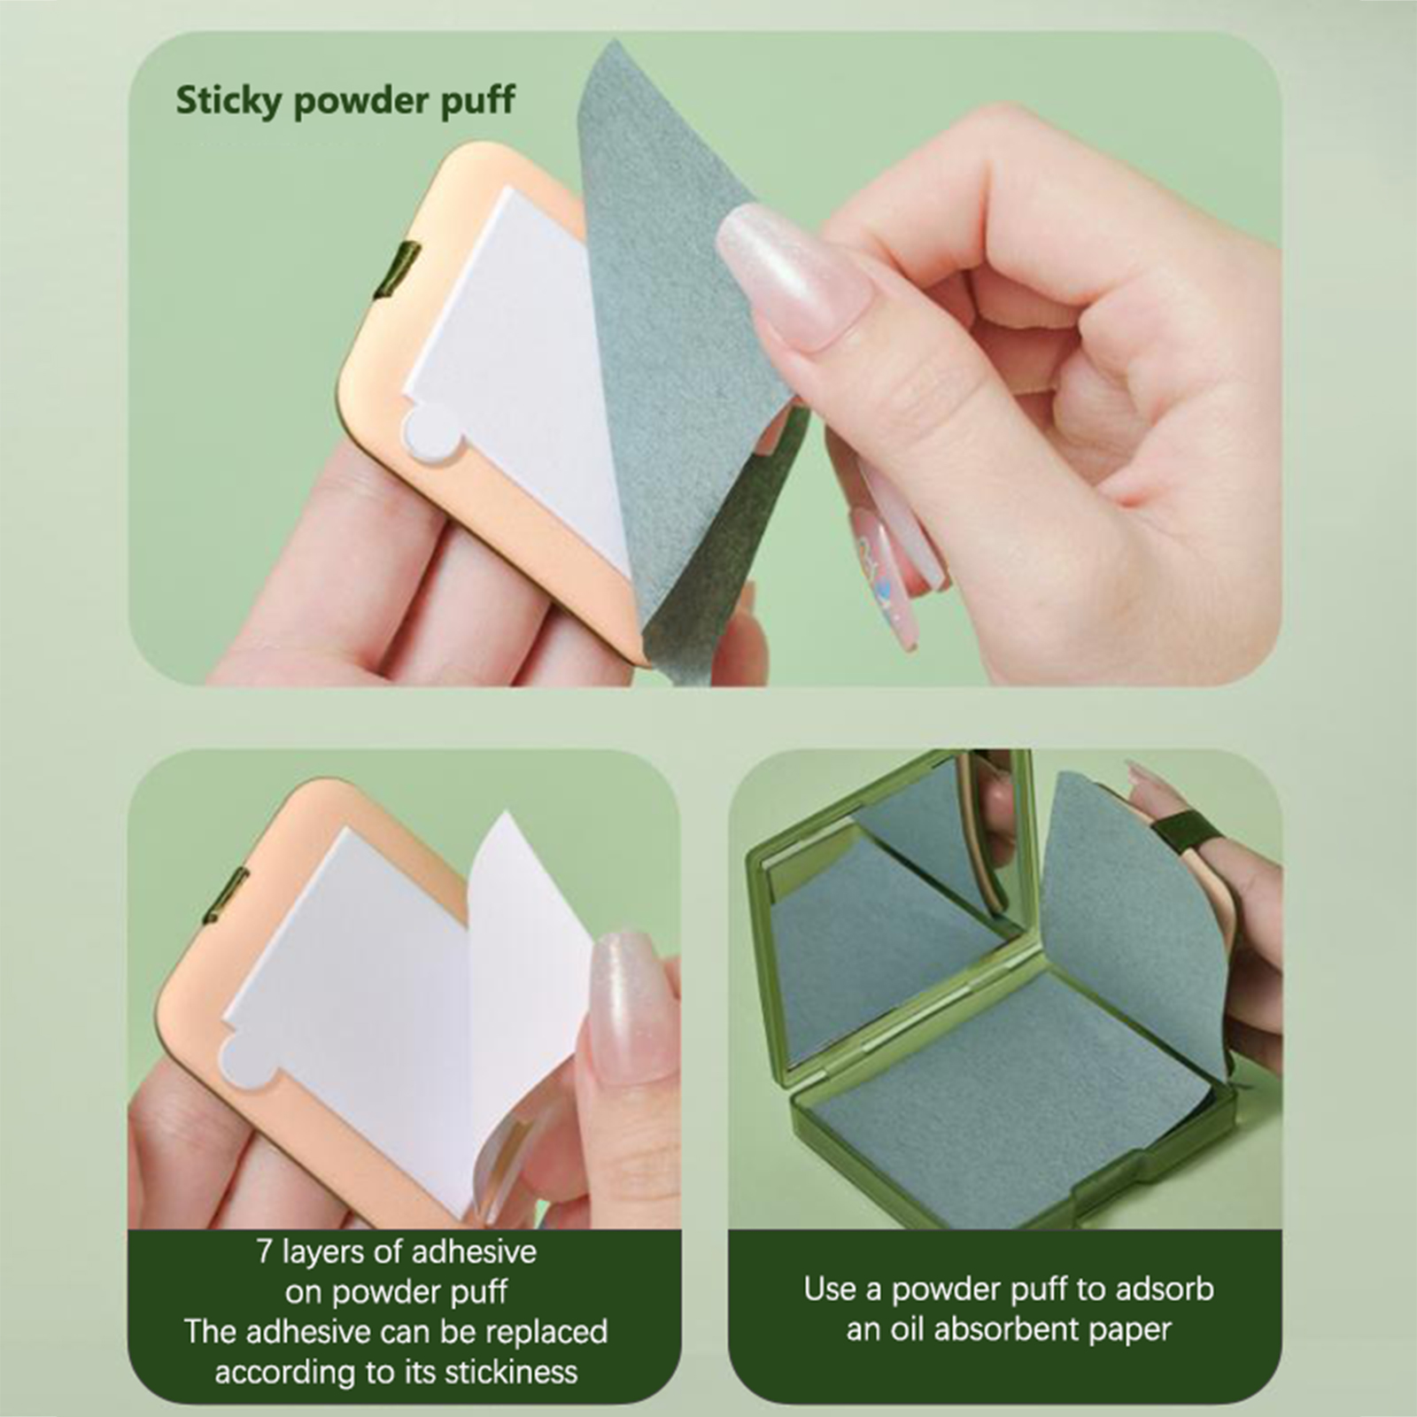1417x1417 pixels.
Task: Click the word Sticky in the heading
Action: coord(228,102)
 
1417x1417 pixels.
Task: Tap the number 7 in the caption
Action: coord(264,1252)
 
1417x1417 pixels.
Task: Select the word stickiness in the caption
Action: coord(511,1372)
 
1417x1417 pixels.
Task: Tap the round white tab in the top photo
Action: coord(429,436)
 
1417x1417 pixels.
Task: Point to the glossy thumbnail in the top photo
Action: coord(793,275)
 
